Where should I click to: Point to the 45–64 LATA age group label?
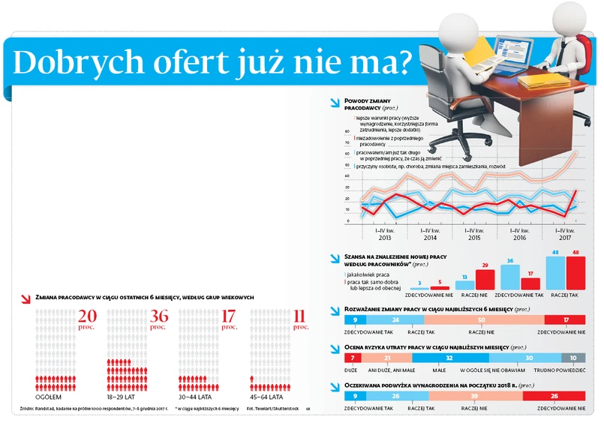[x=266, y=397]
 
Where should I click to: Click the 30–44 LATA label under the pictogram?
[x=194, y=397]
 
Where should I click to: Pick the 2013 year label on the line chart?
[x=384, y=238]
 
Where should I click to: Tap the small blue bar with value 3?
[x=419, y=288]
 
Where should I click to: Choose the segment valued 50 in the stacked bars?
[x=482, y=319]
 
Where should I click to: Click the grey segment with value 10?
[x=574, y=358]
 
